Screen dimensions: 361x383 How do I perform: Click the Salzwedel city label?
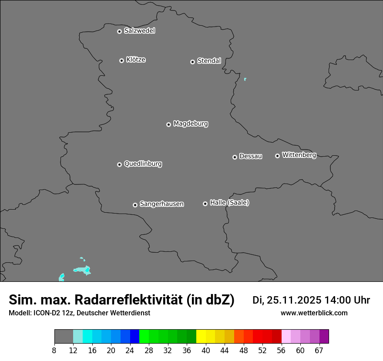pos(139,31)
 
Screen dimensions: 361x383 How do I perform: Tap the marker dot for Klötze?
pos(122,60)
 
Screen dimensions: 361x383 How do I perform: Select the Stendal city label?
pos(209,61)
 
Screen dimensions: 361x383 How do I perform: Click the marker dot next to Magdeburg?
pos(169,124)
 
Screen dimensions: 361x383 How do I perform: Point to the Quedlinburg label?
pos(143,164)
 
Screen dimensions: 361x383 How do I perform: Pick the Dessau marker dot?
pos(235,157)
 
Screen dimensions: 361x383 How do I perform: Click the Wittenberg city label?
pos(299,155)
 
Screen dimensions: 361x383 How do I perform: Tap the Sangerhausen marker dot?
pos(135,205)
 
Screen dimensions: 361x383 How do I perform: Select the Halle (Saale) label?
pos(229,203)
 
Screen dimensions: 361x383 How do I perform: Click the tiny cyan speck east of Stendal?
pos(245,79)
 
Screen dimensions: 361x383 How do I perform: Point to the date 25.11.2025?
pos(294,300)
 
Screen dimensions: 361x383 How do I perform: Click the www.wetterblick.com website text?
pos(314,313)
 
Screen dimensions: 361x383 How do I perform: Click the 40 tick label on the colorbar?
pos(206,351)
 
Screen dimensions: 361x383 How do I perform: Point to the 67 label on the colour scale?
pos(319,351)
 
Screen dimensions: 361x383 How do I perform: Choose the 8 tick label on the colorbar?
pos(54,351)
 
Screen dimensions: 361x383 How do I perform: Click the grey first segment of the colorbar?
pos(64,337)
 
